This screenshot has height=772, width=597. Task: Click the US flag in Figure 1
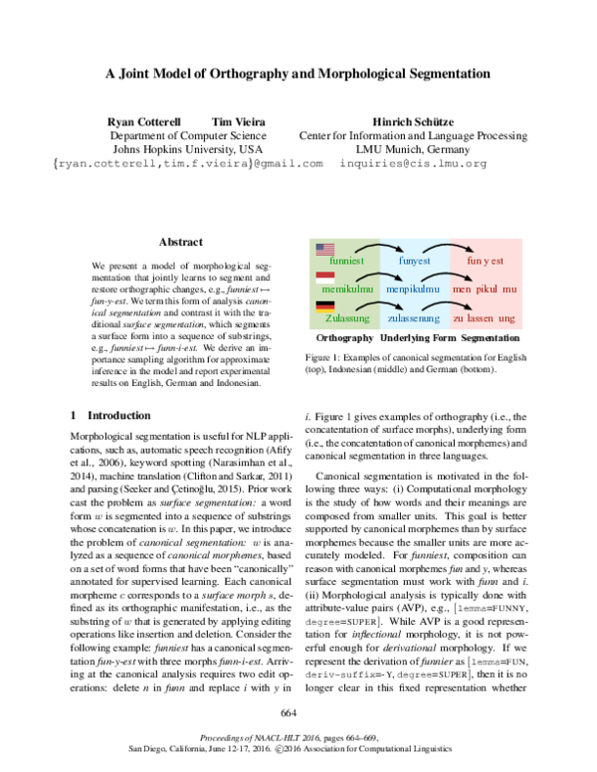point(325,250)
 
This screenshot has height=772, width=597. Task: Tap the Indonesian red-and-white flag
point(325,279)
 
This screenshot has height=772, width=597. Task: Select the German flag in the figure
point(325,307)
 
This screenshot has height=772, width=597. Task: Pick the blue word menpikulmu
point(415,289)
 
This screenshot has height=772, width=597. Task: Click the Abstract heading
point(180,242)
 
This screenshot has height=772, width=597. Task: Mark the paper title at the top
point(298,73)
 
